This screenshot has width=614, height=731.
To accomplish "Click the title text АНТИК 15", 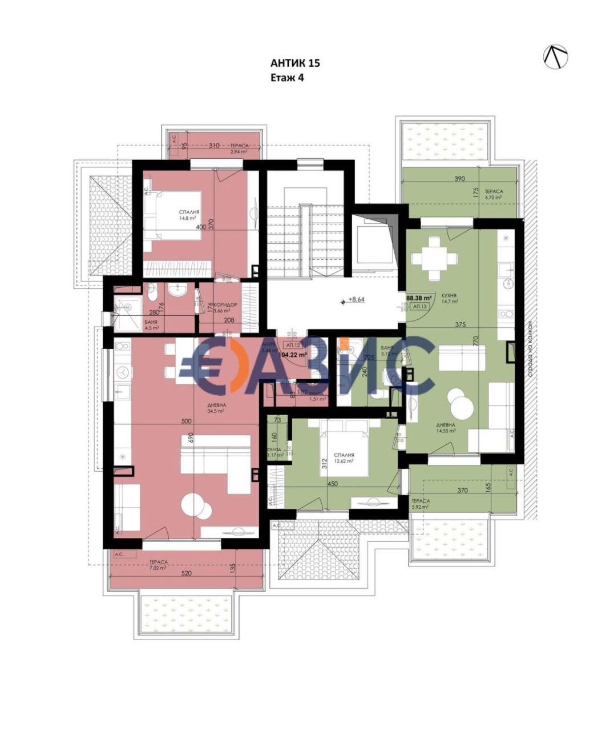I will [294, 63].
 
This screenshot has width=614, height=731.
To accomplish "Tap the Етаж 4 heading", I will [286, 78].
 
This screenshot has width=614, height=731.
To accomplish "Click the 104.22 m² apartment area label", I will [293, 355].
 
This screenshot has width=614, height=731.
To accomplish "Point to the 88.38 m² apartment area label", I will [418, 298].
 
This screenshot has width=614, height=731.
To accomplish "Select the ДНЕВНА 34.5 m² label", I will [216, 407].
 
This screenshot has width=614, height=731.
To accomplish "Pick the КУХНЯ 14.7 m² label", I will [449, 299].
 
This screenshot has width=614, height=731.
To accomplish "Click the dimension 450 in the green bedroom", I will [332, 484].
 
